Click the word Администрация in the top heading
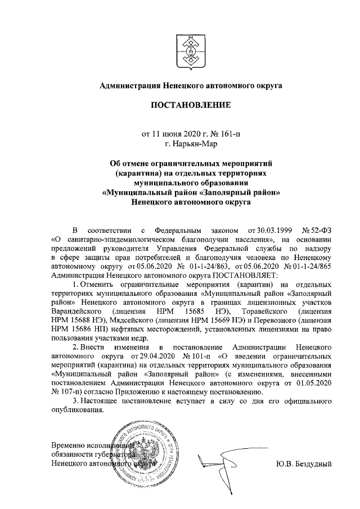(x=129, y=86)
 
